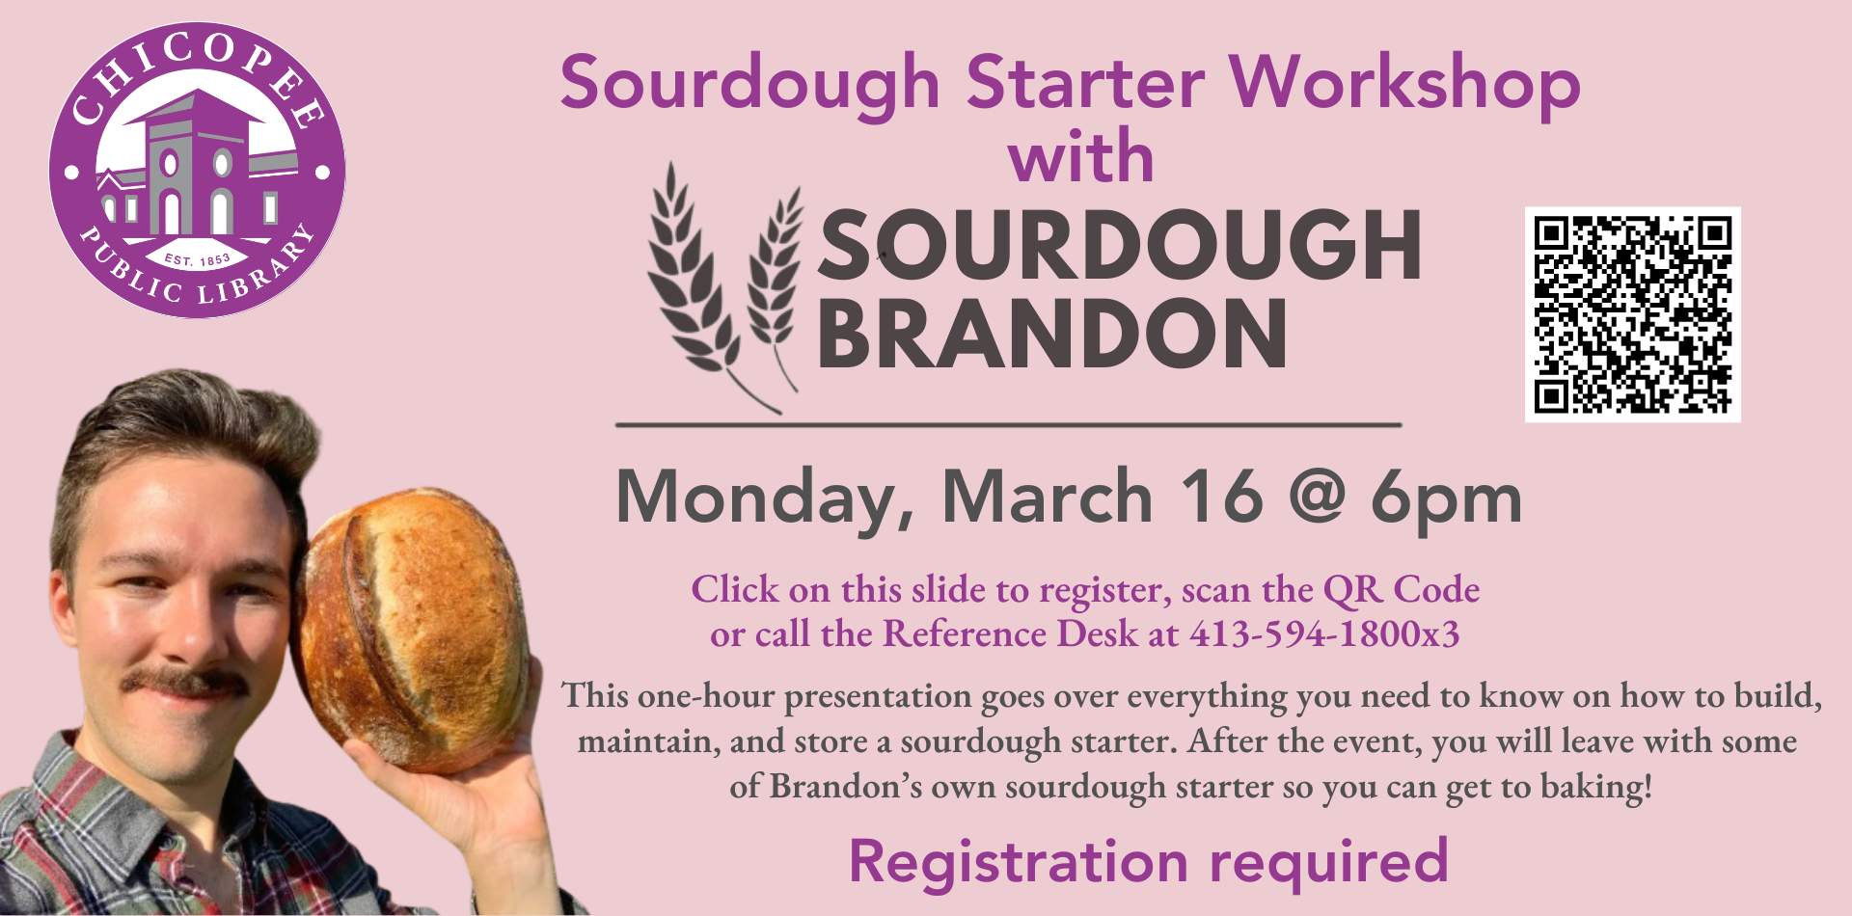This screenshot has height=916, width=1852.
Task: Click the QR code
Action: click(x=1632, y=314)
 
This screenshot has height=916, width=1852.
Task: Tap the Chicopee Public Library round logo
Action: click(x=197, y=171)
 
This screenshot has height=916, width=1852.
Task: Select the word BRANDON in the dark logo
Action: click(x=1051, y=334)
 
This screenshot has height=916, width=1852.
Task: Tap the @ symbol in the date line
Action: click(x=1317, y=498)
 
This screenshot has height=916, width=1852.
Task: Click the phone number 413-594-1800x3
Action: click(x=1324, y=634)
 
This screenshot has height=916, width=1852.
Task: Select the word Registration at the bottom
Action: click(x=1019, y=861)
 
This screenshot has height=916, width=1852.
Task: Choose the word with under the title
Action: click(x=1080, y=157)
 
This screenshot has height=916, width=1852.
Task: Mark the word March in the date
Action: click(x=1047, y=498)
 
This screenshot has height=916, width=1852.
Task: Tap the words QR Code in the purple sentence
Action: click(x=1401, y=589)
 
